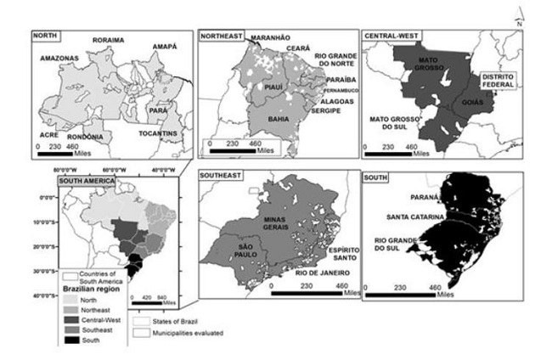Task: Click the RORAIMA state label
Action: [x=110, y=39]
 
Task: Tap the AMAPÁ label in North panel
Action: [x=165, y=47]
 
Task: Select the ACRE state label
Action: [x=50, y=134]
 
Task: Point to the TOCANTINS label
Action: [x=159, y=134]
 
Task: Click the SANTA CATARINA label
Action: [x=414, y=217]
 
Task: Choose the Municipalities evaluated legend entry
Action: [x=174, y=332]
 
